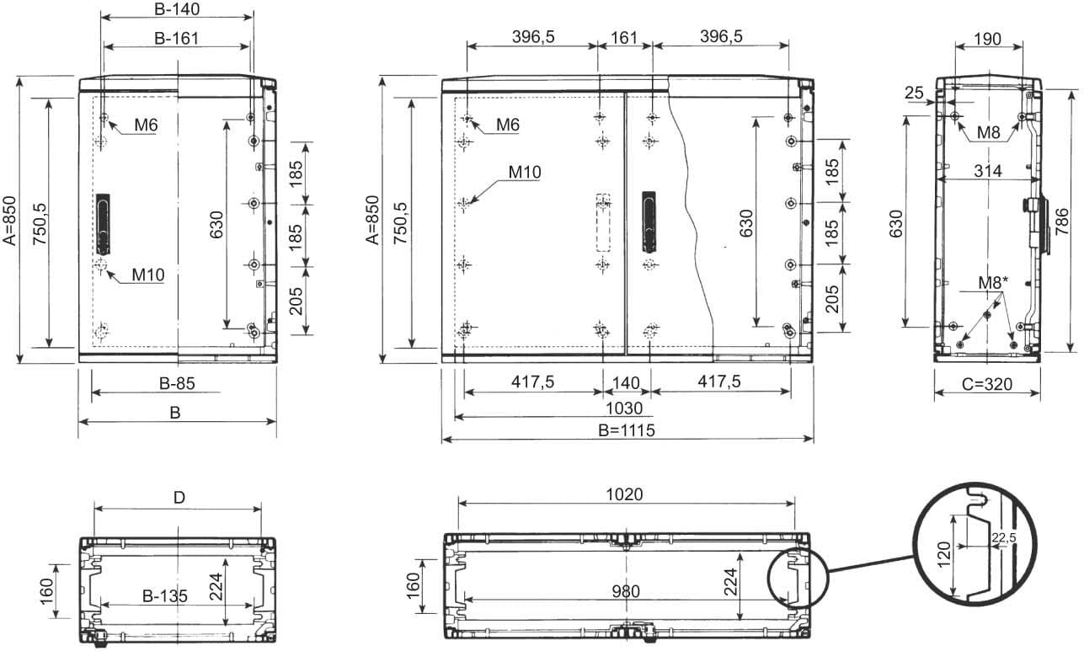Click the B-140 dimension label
coord(177,9)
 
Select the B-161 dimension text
coord(177,38)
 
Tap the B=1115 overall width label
coord(627,430)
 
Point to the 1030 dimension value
coord(624,408)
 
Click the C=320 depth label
coord(987,384)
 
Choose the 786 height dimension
coord(1061,221)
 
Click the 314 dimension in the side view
coord(988,171)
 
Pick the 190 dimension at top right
coord(988,39)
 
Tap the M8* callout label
coord(994,283)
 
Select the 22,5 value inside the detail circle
coord(1004,538)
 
